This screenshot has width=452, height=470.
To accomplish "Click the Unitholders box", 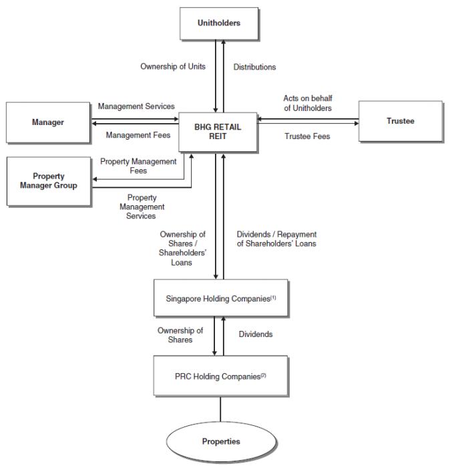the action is click(219, 23).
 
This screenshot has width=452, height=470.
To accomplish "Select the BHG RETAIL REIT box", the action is click(218, 132).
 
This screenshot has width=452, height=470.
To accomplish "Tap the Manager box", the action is click(48, 122).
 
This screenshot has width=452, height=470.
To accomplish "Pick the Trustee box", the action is click(401, 121).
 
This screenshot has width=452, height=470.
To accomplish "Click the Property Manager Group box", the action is click(49, 181).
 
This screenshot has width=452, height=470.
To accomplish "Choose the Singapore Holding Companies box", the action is click(221, 298).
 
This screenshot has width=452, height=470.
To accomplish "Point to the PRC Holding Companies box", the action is click(221, 376).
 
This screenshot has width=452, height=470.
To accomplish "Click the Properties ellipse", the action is click(221, 441).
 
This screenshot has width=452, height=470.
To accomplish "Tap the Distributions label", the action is click(255, 67).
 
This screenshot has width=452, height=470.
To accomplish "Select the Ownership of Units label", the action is click(173, 67).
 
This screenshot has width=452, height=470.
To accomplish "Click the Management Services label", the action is click(136, 106).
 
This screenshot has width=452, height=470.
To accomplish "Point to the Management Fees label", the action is click(138, 135).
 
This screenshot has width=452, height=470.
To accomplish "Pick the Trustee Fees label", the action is click(307, 136).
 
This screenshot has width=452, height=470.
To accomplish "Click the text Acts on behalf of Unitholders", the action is click(308, 103).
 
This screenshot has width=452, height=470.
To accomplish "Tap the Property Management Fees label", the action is click(138, 166).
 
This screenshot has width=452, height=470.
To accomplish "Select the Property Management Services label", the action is click(142, 207).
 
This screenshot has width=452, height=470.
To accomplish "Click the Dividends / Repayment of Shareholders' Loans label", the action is click(276, 239).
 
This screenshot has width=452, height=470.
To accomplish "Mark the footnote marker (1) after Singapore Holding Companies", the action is click(273, 298).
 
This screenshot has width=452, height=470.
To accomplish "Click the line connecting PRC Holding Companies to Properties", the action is click(220, 409).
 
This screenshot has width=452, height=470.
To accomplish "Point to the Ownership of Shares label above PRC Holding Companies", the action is click(180, 335).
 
